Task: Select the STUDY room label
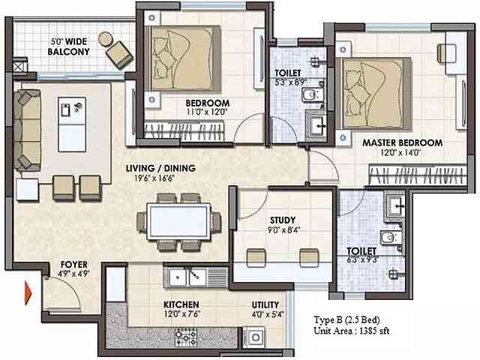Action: coord(282,220)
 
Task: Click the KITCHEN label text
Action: coord(181,304)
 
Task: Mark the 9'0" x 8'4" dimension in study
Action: coord(282,231)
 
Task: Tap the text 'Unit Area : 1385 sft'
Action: coord(352,330)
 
